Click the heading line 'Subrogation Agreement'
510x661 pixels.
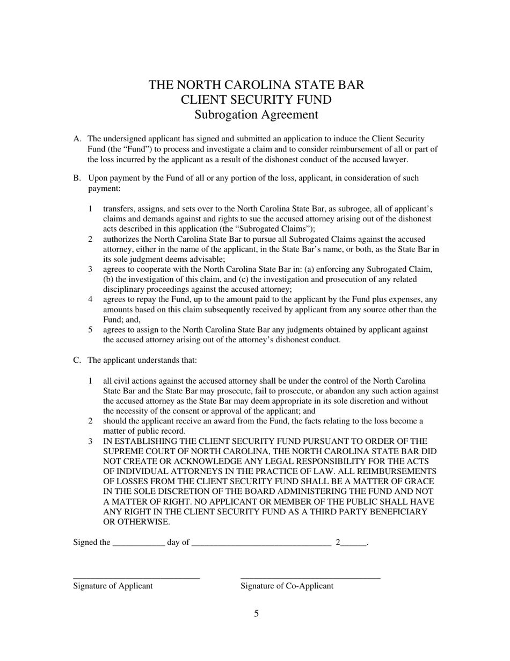tap(256, 114)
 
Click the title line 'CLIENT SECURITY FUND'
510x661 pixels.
tap(256, 100)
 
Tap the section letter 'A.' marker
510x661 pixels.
tap(77, 139)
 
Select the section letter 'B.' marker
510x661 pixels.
tap(77, 178)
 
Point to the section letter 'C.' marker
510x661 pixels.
tap(77, 360)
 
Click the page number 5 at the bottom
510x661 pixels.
tap(256, 614)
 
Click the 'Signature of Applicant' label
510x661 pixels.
tap(113, 586)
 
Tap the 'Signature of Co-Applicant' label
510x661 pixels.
tap(287, 586)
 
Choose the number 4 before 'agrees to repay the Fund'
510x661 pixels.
tap(91, 299)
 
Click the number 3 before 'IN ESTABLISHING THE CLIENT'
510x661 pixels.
tap(91, 441)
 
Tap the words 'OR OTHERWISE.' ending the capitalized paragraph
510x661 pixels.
tap(136, 522)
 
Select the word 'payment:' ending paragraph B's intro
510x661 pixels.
tap(104, 188)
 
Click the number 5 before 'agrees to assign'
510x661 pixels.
tap(91, 330)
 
